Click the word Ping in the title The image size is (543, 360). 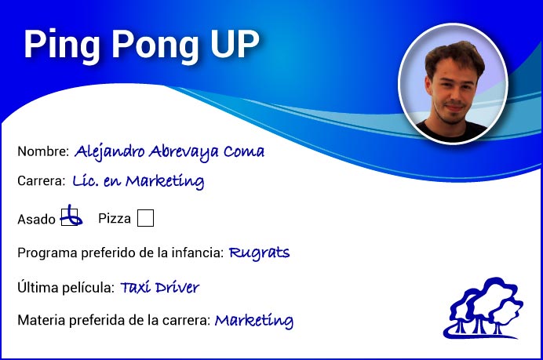[62, 45]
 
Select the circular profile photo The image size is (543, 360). [453, 84]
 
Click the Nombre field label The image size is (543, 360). [43, 151]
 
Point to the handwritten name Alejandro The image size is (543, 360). [109, 151]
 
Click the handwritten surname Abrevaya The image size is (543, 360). [184, 152]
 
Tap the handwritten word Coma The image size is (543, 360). [244, 151]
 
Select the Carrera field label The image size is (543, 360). [42, 180]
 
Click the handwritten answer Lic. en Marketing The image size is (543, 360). [138, 181]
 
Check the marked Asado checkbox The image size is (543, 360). [70, 217]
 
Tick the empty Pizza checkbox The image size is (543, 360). [145, 218]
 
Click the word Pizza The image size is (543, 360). [115, 218]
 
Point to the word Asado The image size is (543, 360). [36, 219]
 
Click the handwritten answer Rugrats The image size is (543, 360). [259, 253]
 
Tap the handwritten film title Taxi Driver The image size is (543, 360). [159, 287]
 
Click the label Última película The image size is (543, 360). [66, 287]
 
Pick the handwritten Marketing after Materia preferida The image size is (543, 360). [253, 320]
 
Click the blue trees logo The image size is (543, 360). [483, 307]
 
